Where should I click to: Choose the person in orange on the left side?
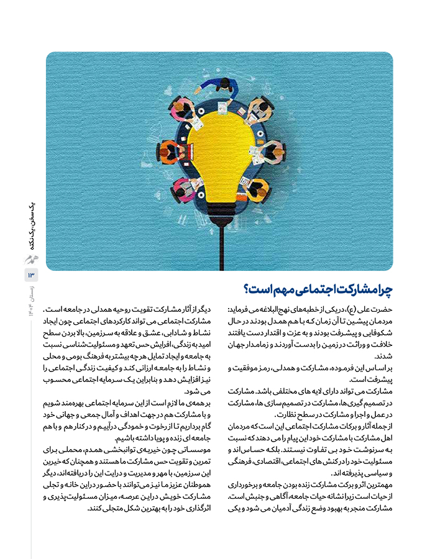pyautogui.click(x=169, y=150)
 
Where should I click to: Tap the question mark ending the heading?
pyautogui.click(x=247, y=289)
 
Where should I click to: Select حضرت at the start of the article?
pyautogui.click(x=382, y=309)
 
